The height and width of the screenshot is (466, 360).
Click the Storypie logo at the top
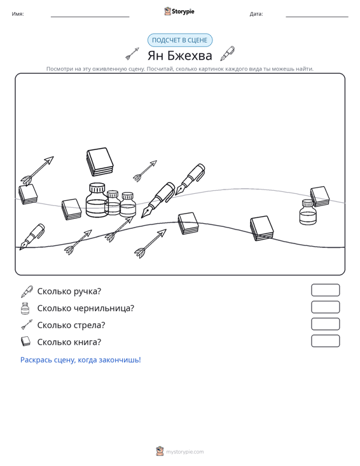point(179,11)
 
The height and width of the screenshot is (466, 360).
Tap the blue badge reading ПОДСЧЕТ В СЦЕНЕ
point(180,40)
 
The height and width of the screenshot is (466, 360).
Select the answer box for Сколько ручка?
point(326,290)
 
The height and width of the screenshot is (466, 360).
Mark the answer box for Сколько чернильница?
point(326,307)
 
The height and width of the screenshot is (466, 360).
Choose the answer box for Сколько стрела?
point(326,324)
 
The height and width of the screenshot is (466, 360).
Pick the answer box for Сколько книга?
point(326,341)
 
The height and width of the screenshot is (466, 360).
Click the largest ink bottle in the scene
point(97,200)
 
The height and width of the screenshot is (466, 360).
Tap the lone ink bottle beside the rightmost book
point(308,212)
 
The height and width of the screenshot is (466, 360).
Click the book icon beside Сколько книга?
point(25,341)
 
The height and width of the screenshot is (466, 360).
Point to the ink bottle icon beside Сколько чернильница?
point(25,308)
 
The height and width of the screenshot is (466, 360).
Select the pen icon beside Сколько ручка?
point(27,291)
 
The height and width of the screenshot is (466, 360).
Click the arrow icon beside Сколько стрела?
point(27,325)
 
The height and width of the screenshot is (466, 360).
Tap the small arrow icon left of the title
point(132,53)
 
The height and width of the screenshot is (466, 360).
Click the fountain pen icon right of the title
point(228,53)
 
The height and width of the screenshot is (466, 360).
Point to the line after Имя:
point(90,17)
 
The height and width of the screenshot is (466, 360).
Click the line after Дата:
point(317,17)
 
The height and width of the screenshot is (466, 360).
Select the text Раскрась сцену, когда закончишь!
point(81,360)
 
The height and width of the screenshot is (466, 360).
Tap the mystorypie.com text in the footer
point(185,452)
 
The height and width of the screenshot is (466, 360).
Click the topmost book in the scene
point(100,161)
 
